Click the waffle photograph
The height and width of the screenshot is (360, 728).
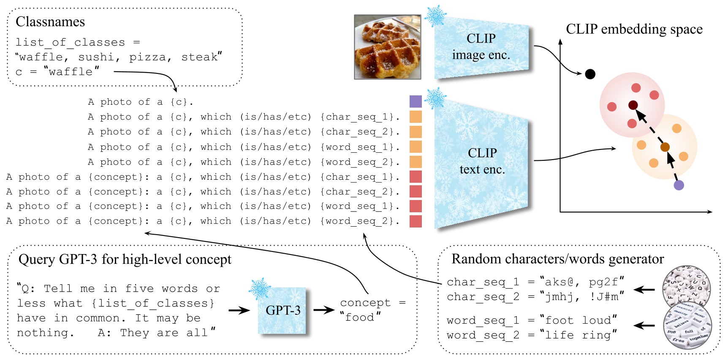point(387,47)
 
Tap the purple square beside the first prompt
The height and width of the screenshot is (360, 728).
point(416,101)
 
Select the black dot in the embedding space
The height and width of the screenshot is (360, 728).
point(590,74)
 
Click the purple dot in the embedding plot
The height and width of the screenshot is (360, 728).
point(679,185)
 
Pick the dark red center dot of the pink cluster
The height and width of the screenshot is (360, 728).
point(633,105)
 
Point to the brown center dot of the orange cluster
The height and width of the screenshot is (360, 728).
point(665,147)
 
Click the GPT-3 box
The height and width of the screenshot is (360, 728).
point(283,311)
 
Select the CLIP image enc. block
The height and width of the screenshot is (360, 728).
point(481,47)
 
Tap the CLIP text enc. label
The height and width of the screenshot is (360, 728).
point(482,161)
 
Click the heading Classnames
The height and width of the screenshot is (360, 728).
point(50,22)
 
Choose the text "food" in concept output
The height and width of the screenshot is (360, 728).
point(360,317)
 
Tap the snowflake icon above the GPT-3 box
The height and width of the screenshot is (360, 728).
point(259,289)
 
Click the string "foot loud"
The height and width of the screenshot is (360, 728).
point(578,320)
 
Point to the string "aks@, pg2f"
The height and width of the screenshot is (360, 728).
point(581,282)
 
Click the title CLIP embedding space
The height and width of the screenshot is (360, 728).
point(634,29)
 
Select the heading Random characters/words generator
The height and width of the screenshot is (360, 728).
point(557,259)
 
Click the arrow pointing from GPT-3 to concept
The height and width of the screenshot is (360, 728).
point(324,310)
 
